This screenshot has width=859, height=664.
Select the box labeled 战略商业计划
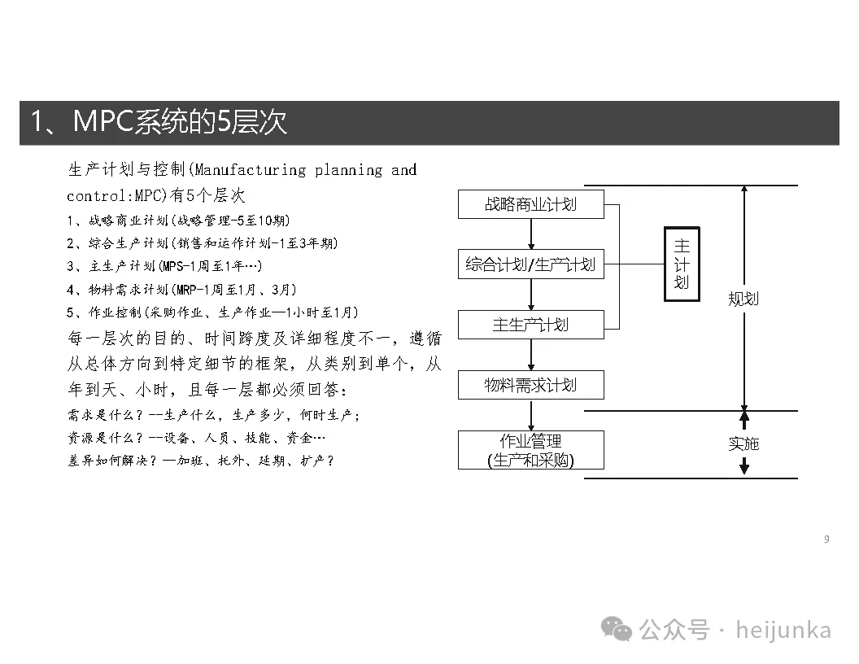[x=530, y=204]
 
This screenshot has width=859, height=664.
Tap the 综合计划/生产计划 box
[x=530, y=264]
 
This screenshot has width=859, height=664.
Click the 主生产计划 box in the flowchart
[x=530, y=325]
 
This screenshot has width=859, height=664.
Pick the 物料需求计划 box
[x=530, y=385]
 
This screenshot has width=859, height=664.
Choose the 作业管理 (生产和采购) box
[x=530, y=450]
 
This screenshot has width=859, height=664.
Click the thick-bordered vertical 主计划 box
[x=682, y=264]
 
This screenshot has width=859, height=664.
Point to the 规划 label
[x=743, y=299]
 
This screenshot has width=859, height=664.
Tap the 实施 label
[x=743, y=443]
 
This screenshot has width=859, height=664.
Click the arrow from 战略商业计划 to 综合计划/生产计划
[x=531, y=234]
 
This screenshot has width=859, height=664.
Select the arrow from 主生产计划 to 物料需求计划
[x=531, y=355]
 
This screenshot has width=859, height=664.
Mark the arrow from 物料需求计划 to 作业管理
[x=531, y=415]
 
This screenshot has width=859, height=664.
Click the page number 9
[x=826, y=539]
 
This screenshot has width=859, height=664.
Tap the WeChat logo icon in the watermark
[x=617, y=628]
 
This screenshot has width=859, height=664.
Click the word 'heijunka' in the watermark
[x=783, y=630]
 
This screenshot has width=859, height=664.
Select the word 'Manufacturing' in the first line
[x=250, y=170]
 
